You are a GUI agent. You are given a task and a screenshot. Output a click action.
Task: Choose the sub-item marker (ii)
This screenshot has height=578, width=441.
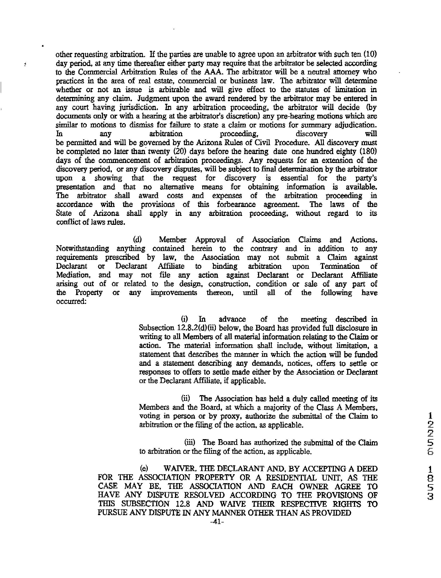tap(186, 399)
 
